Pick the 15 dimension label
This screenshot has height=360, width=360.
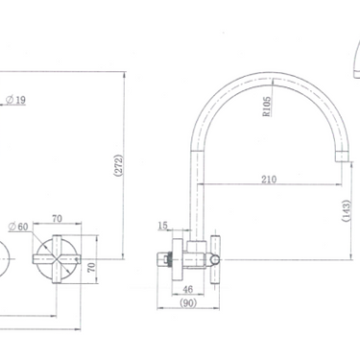163,227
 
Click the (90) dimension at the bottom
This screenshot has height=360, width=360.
190,302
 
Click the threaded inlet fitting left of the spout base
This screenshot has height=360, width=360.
169,256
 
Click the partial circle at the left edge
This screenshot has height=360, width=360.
3,256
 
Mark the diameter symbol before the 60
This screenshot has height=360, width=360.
12,227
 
